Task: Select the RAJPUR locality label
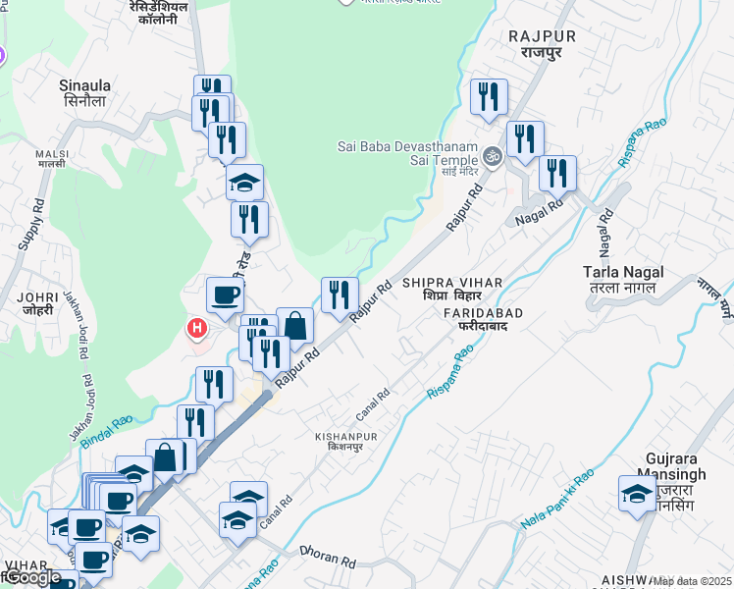541,36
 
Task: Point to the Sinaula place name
84,85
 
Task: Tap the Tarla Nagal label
623,272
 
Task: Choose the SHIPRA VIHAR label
450,283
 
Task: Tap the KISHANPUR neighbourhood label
345,436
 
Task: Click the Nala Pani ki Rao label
557,500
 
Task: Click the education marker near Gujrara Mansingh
637,495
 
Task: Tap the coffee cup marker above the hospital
225,295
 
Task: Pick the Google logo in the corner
31,578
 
